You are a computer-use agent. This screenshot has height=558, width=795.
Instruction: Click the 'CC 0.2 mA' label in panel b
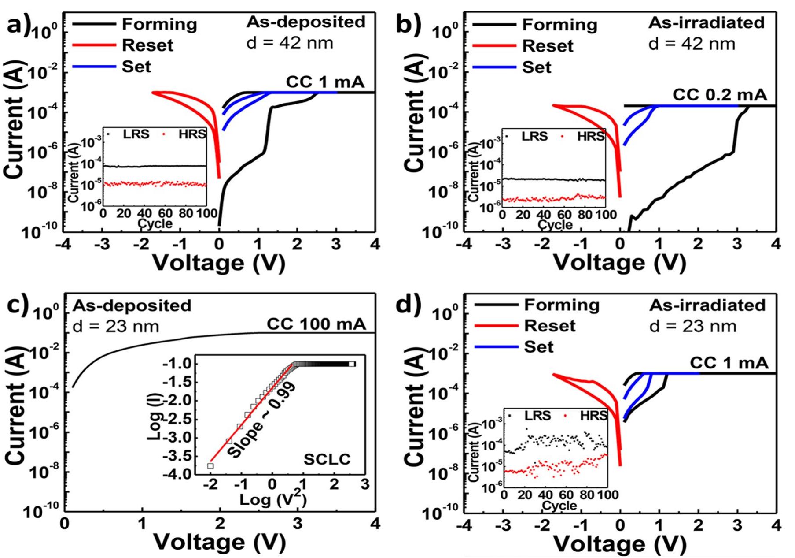[x=719, y=95]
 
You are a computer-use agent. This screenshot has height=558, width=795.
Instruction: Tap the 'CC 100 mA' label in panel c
[x=316, y=324]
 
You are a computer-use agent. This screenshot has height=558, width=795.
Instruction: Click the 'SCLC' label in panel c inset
[x=327, y=460]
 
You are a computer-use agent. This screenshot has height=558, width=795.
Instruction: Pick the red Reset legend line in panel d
[x=496, y=326]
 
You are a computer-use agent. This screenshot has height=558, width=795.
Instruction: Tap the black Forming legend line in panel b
[x=494, y=25]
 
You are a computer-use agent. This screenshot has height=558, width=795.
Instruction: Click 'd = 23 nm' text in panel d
[x=692, y=326]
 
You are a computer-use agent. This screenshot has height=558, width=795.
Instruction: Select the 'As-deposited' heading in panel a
[x=306, y=22]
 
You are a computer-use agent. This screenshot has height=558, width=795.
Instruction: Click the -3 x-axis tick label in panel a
[x=102, y=244]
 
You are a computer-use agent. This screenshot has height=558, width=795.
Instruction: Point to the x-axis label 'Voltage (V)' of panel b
[x=619, y=263]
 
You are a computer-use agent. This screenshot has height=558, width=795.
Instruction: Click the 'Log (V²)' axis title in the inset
[x=272, y=500]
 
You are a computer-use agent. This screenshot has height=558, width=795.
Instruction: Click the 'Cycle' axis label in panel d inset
[x=559, y=505]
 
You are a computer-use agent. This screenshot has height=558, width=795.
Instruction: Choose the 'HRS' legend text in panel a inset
[x=192, y=134]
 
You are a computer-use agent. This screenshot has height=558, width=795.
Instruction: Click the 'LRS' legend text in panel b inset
[x=534, y=136]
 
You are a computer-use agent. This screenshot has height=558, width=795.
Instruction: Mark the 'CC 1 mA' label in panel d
[x=729, y=363]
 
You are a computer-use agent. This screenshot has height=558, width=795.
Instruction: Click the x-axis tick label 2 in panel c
[x=220, y=524]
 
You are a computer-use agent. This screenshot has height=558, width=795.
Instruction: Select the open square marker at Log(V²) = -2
[x=210, y=466]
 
